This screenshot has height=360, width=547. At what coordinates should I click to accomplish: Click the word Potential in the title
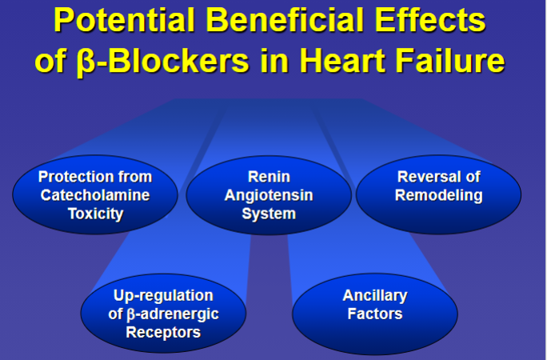(x=125, y=20)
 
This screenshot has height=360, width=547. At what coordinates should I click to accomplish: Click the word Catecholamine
(x=95, y=195)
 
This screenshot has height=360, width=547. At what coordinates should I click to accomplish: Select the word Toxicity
(x=96, y=214)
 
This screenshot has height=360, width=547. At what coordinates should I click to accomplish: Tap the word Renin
(x=269, y=177)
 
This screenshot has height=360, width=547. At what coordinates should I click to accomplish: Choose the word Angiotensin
(x=269, y=196)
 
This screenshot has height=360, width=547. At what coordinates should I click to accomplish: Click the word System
(x=269, y=214)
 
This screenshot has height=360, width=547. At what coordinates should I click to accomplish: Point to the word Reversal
(x=426, y=177)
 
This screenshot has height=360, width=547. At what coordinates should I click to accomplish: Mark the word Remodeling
(x=439, y=196)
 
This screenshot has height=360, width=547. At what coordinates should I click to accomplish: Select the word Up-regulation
(x=163, y=296)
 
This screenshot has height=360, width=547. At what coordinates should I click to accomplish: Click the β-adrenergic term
(x=173, y=314)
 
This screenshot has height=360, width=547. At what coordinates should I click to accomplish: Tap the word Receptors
(x=163, y=333)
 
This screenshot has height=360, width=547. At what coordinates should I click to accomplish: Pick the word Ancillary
(x=375, y=296)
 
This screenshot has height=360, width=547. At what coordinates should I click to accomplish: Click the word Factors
(x=375, y=314)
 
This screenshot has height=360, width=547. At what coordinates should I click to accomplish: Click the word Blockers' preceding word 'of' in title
(x=50, y=60)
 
